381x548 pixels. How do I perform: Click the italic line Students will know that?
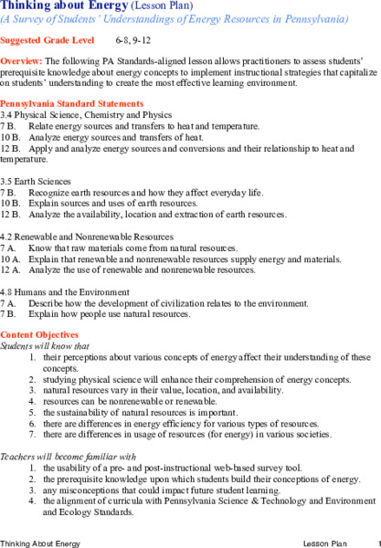coord(46,346)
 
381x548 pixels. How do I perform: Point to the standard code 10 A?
coord(10,258)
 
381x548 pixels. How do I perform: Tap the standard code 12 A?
coord(10,269)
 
